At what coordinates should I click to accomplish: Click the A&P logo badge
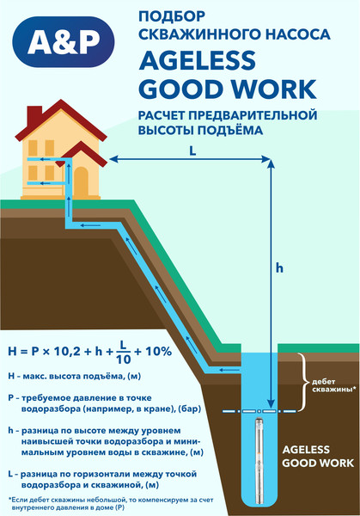tap(64, 42)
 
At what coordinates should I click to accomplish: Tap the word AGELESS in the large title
tap(198, 60)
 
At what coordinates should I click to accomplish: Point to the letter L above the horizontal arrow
tap(192, 151)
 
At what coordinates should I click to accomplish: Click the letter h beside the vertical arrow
tap(279, 267)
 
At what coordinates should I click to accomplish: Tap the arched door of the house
tap(81, 182)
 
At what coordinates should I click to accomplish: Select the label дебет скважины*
tap(333, 385)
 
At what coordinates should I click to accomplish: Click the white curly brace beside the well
tap(303, 382)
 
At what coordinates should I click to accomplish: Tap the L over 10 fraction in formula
tap(123, 352)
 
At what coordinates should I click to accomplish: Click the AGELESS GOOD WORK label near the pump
tap(318, 456)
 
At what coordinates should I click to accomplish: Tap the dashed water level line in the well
tap(259, 411)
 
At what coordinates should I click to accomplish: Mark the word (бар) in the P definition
tap(191, 409)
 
